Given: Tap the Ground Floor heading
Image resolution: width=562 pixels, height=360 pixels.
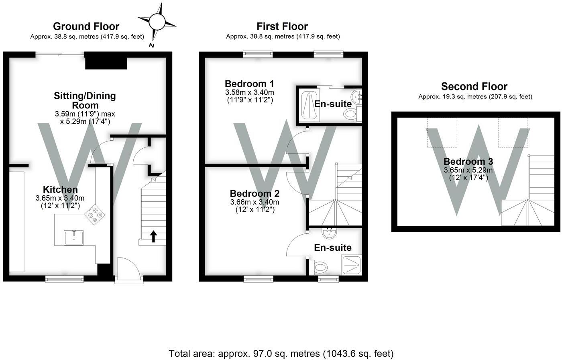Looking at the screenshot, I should point(86,27).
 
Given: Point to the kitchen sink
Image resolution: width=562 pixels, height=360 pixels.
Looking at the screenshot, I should point(74,237).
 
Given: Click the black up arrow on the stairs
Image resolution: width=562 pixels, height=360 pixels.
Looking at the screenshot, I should point(153,236).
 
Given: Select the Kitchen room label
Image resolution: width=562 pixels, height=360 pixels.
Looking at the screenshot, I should point(60,190).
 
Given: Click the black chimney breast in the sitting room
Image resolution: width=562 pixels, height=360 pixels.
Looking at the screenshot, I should point(106,61).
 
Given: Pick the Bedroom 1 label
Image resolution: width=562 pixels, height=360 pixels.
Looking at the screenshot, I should point(249,84).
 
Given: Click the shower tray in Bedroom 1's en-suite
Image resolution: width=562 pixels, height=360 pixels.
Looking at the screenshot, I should point(309,105).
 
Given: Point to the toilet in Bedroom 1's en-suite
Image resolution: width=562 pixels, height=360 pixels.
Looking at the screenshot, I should point(350,115).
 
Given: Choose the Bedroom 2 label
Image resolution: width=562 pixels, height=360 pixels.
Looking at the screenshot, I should point(255,194).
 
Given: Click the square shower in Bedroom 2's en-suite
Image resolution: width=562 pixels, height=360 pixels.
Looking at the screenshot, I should point(351,265).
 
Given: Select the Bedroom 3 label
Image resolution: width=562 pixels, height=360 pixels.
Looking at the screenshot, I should point(468,162).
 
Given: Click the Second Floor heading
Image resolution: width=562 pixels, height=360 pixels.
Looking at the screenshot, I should point(474,86).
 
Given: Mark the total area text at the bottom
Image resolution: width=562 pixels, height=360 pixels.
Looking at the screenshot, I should point(281,354).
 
